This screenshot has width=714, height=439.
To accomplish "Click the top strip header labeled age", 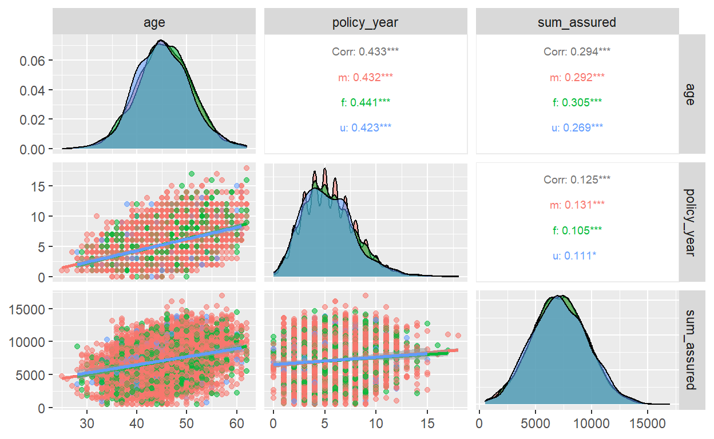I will coord(154,22).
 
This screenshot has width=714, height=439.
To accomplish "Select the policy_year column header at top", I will coord(366,22).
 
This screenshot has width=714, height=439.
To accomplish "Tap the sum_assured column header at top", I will coord(577,22).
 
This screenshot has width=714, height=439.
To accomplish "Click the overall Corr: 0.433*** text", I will coord(366,51).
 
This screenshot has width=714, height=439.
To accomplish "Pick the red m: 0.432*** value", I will coord(366,77).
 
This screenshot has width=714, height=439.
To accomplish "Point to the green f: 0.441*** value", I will coord(366,102).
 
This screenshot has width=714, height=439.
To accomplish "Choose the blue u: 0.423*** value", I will coord(366,127).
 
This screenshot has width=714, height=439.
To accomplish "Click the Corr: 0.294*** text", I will coord(577,51).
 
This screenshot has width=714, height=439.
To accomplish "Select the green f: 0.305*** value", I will coord(577,102).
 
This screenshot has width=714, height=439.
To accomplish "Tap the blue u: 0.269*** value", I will coord(577,127).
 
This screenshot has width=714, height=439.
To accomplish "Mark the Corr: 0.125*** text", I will coord(577,179).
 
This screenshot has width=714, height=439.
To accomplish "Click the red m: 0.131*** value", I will coord(577,205).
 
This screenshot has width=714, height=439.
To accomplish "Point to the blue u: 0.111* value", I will coord(577,256).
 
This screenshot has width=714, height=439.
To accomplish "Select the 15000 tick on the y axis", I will coord(27,309).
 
